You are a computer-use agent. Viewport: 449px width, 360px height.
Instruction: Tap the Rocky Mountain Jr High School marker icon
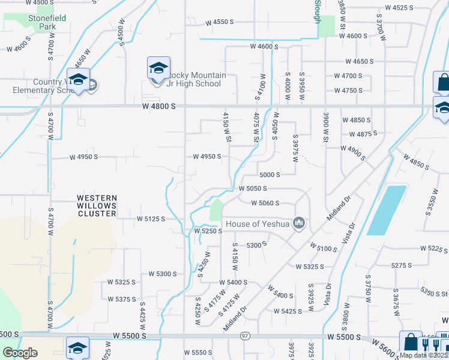point(158,69)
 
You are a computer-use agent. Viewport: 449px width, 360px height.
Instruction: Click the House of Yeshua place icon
point(299,224)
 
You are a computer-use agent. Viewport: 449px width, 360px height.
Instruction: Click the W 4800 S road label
point(158,106)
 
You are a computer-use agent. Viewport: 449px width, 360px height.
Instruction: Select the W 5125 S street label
point(151,219)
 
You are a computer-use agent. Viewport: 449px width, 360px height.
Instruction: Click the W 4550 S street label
point(218,22)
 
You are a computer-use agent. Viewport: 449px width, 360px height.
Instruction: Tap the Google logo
point(20,352)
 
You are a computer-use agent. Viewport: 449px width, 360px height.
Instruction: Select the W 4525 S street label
point(399,8)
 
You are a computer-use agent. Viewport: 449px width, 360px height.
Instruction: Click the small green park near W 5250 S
point(215,211)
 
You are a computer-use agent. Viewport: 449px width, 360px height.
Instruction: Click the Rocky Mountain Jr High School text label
point(196,79)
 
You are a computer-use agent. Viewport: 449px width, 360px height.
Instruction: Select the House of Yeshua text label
point(258,224)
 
